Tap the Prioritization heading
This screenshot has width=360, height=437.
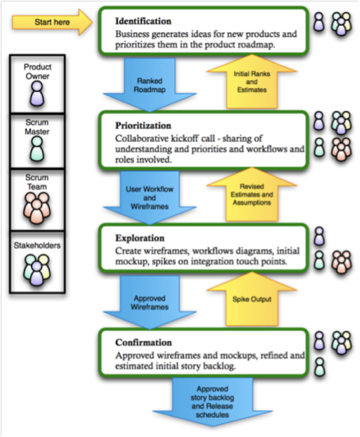(x=143, y=126)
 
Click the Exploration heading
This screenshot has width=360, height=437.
(x=140, y=239)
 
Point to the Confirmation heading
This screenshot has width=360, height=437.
(x=143, y=343)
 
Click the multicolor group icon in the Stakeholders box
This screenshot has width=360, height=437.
(x=38, y=269)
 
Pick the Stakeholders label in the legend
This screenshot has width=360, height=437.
(x=38, y=245)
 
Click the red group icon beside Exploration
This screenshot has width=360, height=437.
(x=342, y=261)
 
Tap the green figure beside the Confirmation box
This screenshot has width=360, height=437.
(x=320, y=366)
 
